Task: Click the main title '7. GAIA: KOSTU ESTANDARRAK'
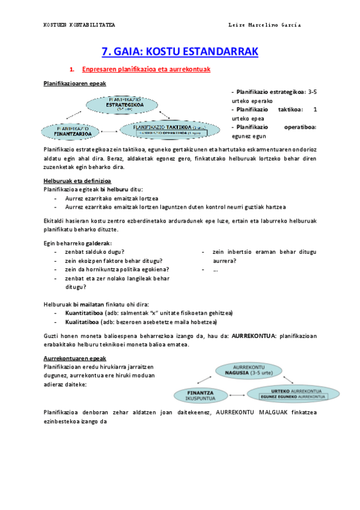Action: pyautogui.click(x=180, y=52)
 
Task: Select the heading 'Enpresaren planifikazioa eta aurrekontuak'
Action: pyautogui.click(x=145, y=70)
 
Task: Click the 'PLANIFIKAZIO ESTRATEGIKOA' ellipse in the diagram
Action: pyautogui.click(x=123, y=104)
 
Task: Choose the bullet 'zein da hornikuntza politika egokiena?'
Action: pyautogui.click(x=117, y=269)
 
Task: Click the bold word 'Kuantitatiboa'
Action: pyautogui.click(x=84, y=313)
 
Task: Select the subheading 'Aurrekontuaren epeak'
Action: pyautogui.click(x=70, y=358)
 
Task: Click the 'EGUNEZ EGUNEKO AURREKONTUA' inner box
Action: pyautogui.click(x=293, y=398)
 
